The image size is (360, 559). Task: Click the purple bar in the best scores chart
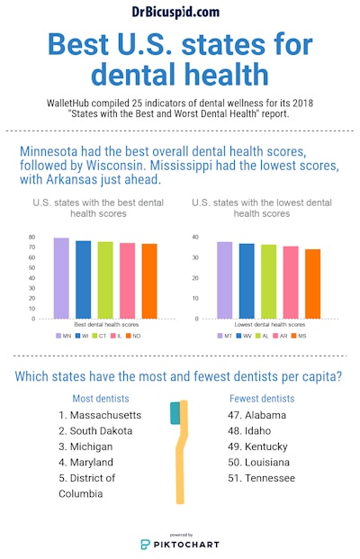coord(61,278)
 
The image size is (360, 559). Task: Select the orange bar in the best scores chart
coord(148,281)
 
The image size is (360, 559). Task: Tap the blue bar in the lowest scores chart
coord(247,281)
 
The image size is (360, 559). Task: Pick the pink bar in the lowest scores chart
coord(291,283)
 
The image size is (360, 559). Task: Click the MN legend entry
coord(63,335)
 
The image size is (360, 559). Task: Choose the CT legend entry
coord(105,335)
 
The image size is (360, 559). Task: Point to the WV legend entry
coord(246,335)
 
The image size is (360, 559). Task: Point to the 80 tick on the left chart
coord(31,238)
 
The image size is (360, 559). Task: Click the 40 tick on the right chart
coord(194,238)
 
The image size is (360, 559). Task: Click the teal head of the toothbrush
coord(175,413)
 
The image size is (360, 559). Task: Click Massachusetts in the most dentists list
coord(100,415)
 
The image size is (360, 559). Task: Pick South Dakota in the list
coord(94,431)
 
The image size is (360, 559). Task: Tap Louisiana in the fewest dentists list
coord(262,463)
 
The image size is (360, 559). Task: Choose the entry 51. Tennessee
coord(262,478)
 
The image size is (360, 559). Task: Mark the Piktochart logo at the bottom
coord(179,544)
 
